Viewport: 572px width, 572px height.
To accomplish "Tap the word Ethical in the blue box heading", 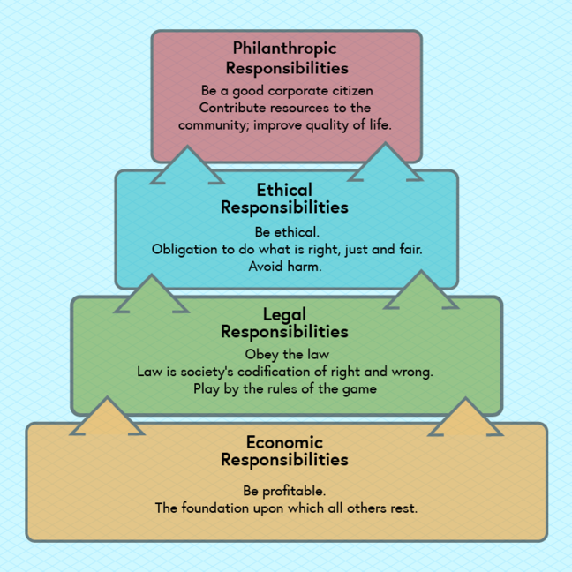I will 284,190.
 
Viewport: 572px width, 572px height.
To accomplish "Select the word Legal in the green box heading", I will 284,314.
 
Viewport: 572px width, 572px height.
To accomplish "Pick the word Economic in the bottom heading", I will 284,442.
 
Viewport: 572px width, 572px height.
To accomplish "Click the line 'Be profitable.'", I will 284,490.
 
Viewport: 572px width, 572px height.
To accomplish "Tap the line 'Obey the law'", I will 284,354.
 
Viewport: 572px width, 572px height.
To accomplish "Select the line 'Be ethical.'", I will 284,231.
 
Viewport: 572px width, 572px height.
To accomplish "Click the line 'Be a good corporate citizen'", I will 287,90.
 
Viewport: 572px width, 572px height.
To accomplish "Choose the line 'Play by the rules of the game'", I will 284,388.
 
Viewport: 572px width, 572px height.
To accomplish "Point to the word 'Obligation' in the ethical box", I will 186,249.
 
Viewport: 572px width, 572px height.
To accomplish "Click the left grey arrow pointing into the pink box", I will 186,167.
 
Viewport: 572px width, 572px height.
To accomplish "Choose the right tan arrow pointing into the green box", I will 463,418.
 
